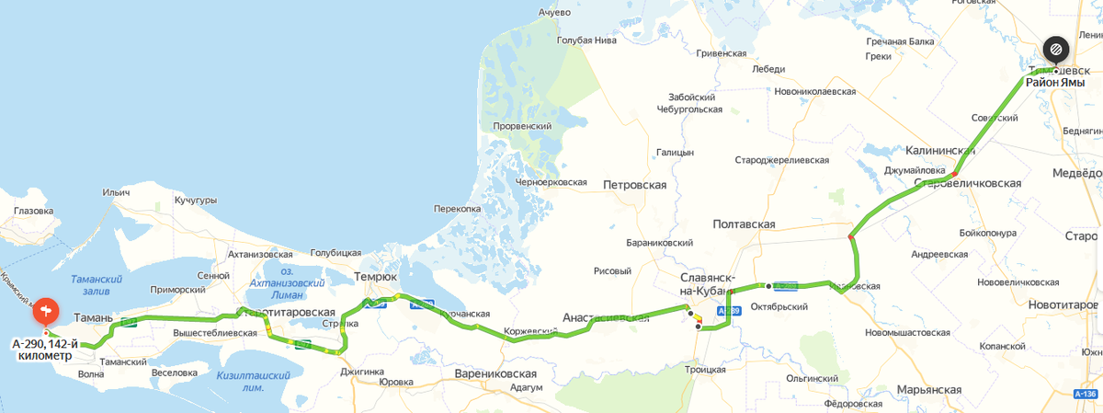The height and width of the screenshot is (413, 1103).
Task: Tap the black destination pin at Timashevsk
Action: coord(1055,49)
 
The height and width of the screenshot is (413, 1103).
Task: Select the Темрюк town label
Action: coord(376,276)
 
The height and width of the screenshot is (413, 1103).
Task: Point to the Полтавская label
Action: coord(744,224)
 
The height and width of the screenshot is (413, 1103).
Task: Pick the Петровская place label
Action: coord(634,185)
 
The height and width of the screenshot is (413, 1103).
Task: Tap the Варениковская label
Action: coord(495,374)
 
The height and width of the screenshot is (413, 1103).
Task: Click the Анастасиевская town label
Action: coord(606,318)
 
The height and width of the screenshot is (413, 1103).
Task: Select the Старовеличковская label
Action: coord(968,183)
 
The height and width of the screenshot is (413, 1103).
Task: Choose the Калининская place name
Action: coord(940,151)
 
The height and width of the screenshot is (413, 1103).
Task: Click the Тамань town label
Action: coord(93,318)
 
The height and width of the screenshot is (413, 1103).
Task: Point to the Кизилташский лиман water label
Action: coord(253,381)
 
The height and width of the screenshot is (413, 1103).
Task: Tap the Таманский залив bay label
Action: coord(97,283)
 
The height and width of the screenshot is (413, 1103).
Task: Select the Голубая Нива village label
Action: coord(586,40)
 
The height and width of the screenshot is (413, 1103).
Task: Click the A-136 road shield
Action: coord(1086,394)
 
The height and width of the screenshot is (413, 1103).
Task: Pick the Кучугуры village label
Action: coord(195,200)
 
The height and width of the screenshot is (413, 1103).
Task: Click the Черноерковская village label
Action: coord(551,182)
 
